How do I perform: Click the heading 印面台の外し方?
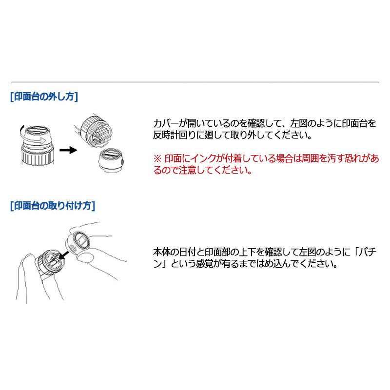pos(44,97)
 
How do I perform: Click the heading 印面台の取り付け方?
pos(53,206)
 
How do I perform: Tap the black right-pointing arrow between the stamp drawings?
pos(72,150)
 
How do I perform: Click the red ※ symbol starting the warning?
pos(157,159)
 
